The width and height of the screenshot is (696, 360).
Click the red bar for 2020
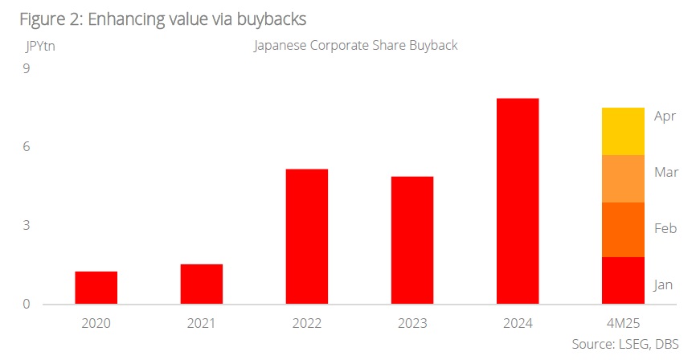pos(96,288)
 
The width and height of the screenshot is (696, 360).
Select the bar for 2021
pos(202,284)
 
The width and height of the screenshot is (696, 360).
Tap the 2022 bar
pos(306,236)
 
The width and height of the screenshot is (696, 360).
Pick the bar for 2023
pos(412,240)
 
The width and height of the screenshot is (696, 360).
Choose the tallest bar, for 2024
pos(518,201)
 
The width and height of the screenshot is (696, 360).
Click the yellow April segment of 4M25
pos(624,131)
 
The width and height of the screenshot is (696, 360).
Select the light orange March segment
pos(624,178)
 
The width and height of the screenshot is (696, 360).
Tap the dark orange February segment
pos(624,230)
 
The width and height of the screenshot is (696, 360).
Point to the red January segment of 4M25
pos(624,280)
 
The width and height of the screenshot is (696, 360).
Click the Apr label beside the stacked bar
pos(665,117)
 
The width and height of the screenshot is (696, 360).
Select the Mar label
pos(666,172)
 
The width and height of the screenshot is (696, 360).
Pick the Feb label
pos(665,229)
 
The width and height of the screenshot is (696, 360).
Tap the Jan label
pos(663,284)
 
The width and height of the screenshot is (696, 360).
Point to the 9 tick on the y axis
pos(26,69)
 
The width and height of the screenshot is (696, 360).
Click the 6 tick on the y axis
pos(26,147)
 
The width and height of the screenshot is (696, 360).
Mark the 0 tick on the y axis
pos(26,305)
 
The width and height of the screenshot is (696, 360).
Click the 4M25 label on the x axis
pos(624,324)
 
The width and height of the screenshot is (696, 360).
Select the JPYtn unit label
pos(40,45)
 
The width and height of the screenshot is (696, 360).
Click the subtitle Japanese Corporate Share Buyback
pos(355,45)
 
